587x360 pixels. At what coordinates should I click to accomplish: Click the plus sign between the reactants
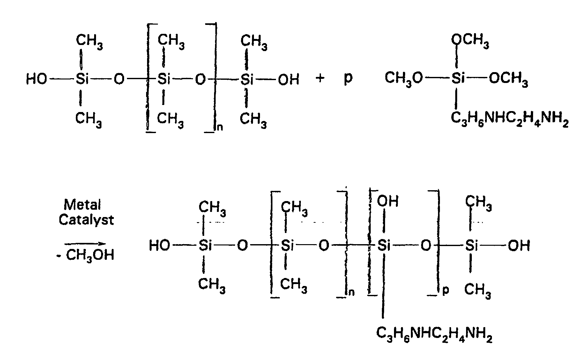tap(320, 78)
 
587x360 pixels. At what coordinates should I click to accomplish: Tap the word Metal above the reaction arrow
tap(82, 204)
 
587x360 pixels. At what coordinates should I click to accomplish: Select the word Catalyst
tap(86, 220)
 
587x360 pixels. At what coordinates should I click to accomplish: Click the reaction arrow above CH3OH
tap(85, 244)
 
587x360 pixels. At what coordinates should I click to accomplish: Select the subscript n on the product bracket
tap(351, 292)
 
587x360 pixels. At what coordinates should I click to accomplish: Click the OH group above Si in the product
tap(388, 201)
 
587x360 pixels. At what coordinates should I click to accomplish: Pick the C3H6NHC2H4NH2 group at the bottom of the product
tap(434, 333)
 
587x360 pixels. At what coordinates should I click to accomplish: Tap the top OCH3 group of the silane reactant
tap(470, 41)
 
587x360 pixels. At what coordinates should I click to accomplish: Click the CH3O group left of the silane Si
tap(404, 79)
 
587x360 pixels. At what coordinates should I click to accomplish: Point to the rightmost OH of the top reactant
tap(289, 79)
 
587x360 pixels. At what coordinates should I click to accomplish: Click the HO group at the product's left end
tap(160, 246)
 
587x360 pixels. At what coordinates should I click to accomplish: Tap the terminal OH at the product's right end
tap(519, 246)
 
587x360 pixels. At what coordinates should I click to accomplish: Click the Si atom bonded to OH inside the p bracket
tap(384, 246)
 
